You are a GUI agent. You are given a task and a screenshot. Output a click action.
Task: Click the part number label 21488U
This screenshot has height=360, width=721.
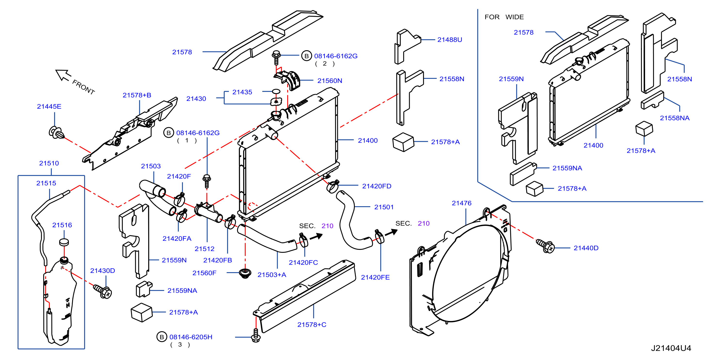point(450,40)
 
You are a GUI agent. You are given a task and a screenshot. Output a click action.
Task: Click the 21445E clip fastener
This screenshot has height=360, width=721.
point(56,133)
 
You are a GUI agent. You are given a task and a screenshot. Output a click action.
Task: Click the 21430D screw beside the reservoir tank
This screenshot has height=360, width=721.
point(103,291)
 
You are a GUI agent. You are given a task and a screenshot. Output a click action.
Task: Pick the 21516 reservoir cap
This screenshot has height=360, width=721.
point(64,242)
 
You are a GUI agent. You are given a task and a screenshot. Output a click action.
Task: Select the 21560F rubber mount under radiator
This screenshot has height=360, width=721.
point(245,273)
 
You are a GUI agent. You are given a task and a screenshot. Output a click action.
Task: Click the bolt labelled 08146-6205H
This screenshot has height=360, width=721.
point(256,335)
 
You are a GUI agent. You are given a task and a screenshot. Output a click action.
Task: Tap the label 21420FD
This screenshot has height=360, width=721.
point(377,186)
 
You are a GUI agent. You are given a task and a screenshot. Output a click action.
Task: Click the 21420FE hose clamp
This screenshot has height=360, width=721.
point(379,237)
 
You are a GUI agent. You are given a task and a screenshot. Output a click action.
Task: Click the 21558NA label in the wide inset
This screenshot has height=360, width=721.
point(674,118)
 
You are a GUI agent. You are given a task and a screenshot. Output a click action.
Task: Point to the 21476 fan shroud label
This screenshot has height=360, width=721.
point(461,203)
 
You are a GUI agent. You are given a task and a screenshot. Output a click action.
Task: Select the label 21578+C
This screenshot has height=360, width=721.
point(311,325)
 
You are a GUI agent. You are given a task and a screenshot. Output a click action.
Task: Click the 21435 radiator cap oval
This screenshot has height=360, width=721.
point(276,91)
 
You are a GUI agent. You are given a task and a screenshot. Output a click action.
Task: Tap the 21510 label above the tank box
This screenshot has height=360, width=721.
point(49,163)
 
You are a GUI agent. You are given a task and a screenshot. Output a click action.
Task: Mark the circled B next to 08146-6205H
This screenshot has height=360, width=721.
point(162,337)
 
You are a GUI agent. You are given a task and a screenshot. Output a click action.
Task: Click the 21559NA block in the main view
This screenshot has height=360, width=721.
point(144,289)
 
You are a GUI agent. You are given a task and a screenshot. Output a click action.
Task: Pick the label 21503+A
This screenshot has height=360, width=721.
point(272,275)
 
